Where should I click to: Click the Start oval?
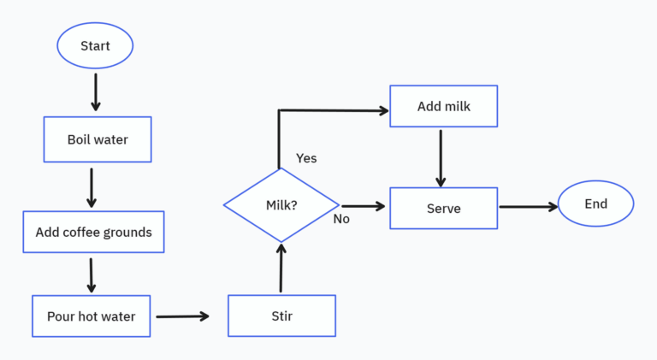click(95, 46)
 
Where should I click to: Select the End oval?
click(595, 204)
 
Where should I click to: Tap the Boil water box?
click(98, 139)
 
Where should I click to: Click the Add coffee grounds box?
click(93, 232)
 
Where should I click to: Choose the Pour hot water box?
click(91, 316)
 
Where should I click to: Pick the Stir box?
click(281, 316)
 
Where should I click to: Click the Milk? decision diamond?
click(281, 205)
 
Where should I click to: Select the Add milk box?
click(443, 107)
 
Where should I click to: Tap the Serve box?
click(443, 208)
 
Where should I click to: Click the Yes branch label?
click(306, 158)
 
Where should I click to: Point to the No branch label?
click(341, 219)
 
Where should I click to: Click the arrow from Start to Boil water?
click(95, 91)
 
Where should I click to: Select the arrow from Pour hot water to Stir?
click(182, 316)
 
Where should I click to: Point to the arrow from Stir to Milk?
click(281, 267)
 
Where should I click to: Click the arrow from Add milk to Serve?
click(441, 157)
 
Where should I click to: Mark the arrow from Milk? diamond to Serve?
click(364, 206)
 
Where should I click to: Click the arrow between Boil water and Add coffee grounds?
click(92, 187)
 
